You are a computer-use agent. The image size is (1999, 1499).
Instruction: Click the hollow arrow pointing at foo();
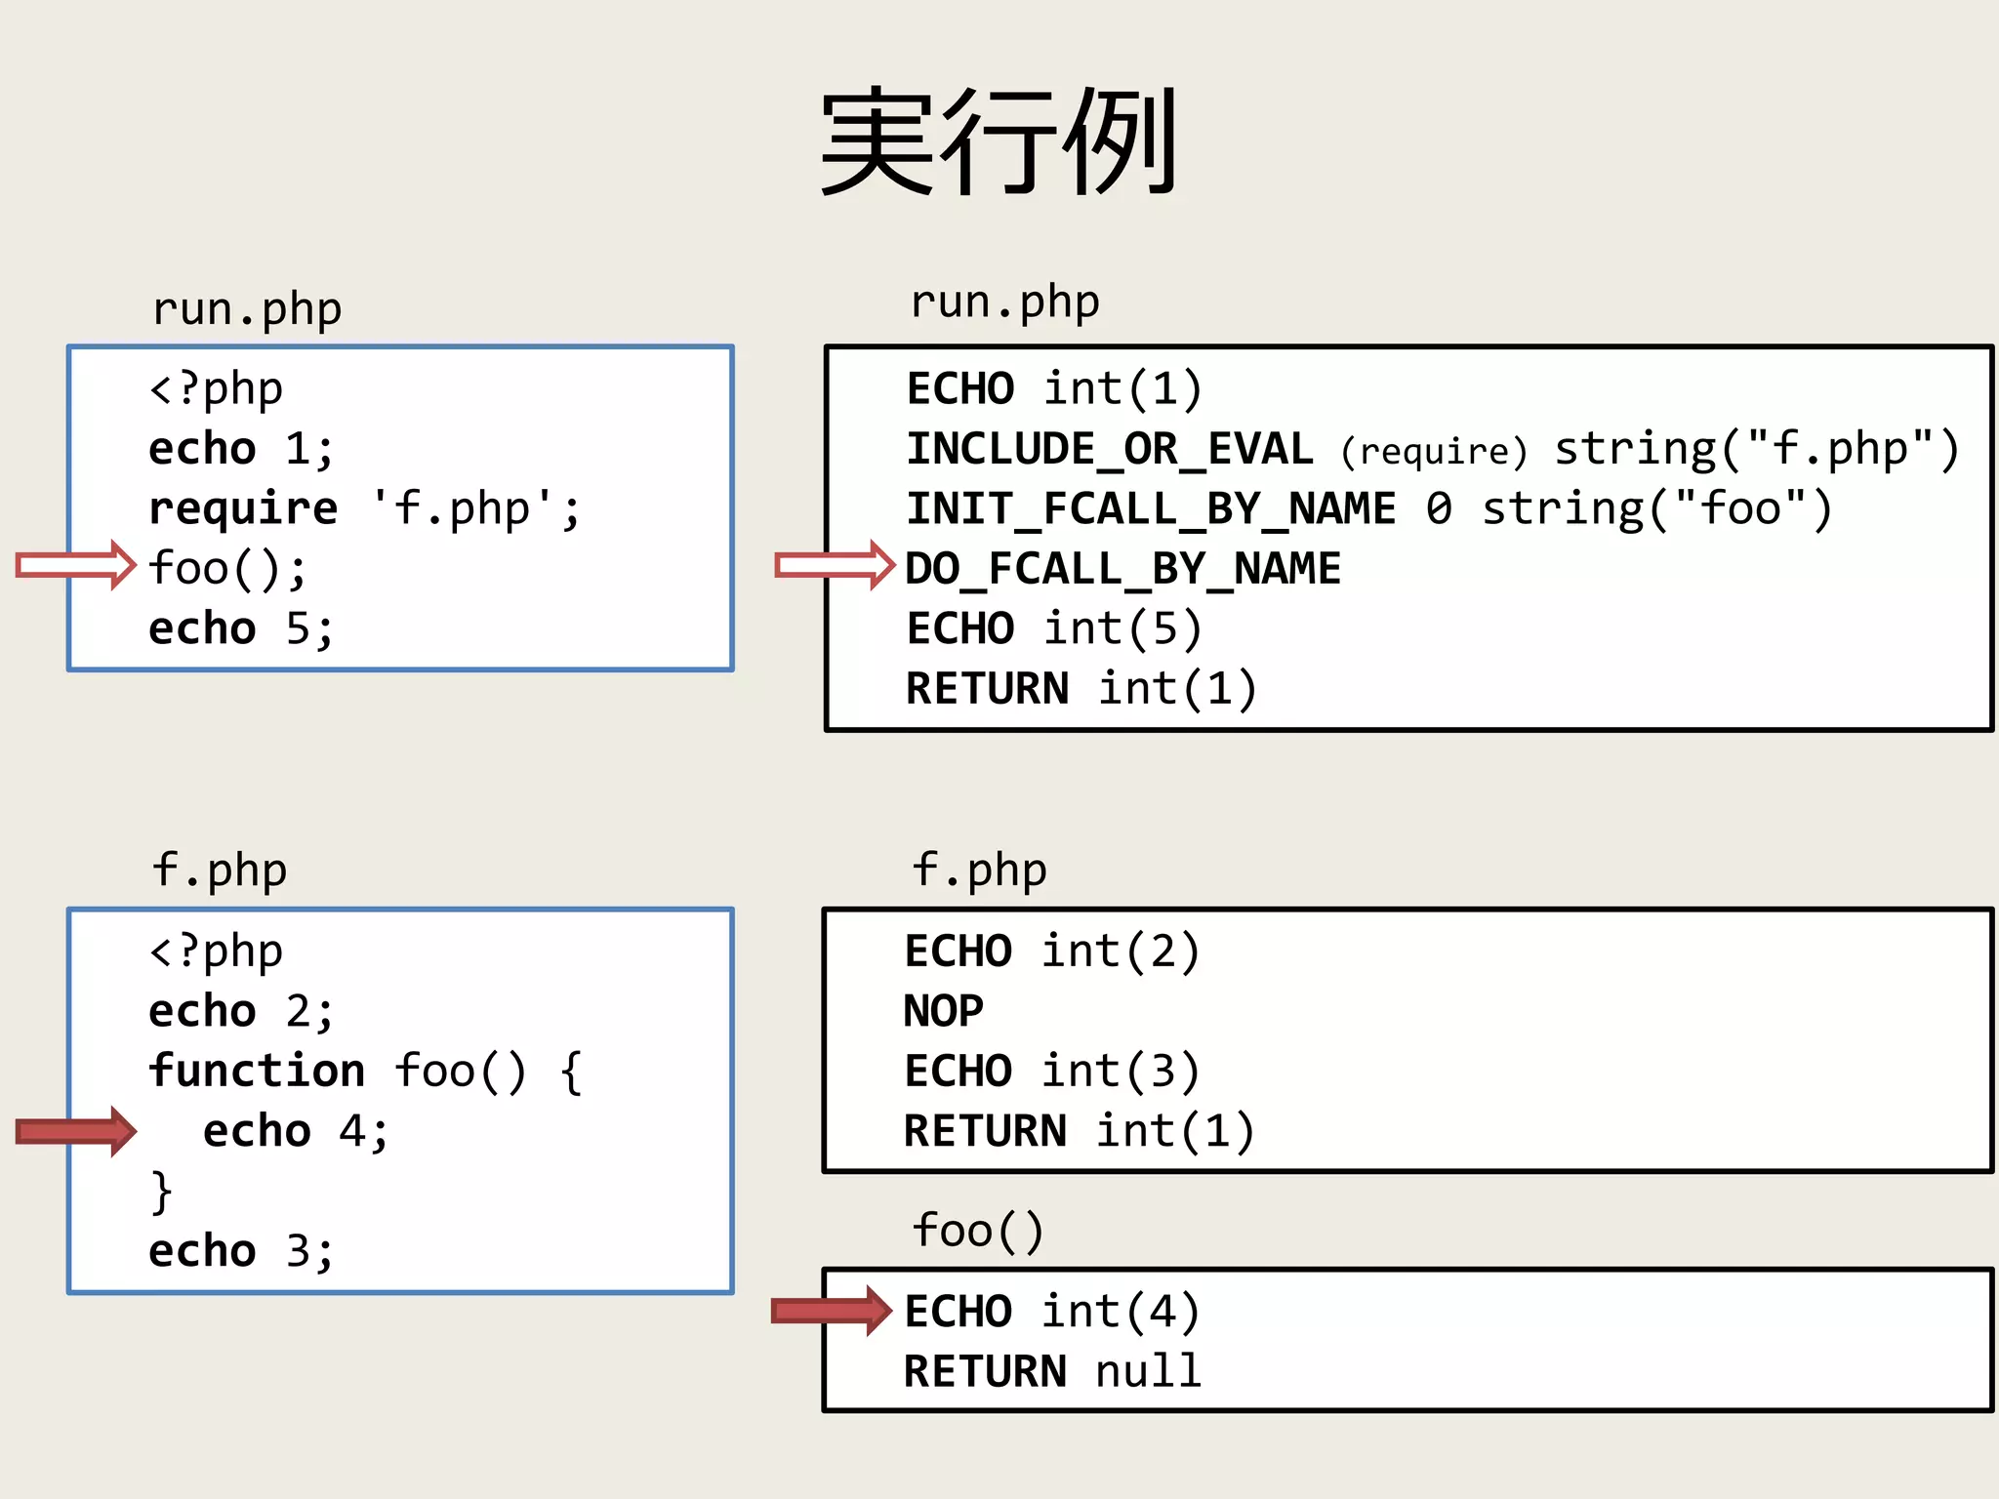pos(76,565)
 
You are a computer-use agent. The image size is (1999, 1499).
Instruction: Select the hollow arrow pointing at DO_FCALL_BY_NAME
pos(835,565)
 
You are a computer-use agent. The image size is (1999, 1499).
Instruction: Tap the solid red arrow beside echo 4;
pos(76,1131)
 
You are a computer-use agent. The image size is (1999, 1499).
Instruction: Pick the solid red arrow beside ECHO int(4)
pos(832,1311)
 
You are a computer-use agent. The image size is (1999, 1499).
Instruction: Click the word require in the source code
pos(243,508)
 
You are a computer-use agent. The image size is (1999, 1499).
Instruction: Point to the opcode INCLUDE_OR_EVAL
pos(1110,449)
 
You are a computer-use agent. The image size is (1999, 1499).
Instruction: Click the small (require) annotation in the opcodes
pos(1433,451)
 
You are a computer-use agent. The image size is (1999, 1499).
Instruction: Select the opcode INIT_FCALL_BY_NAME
pos(1151,508)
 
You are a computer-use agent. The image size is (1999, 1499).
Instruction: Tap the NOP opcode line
pos(943,1011)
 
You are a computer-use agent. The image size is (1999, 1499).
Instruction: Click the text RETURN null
pos(1052,1371)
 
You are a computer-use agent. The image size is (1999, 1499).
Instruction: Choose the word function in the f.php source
pos(257,1071)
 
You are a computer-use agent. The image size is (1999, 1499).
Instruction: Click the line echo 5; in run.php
pos(241,628)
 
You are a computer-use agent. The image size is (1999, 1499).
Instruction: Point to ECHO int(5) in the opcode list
pos(1054,628)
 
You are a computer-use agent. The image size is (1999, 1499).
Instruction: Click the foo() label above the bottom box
pos(978,1230)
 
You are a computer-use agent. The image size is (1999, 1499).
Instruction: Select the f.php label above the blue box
pos(220,870)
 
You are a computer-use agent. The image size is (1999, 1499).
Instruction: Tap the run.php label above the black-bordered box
pos(1004,302)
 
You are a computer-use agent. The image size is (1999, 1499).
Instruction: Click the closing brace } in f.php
pos(162,1192)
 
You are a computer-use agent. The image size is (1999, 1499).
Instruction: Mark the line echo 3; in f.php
pos(241,1251)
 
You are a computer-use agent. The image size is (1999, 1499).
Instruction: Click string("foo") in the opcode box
pos(1656,508)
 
